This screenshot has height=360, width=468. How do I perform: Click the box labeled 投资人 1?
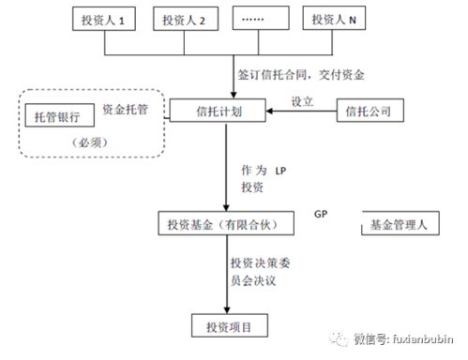[108, 20]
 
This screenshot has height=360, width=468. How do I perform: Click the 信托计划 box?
[219, 111]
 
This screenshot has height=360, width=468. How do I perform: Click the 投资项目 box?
[228, 325]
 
